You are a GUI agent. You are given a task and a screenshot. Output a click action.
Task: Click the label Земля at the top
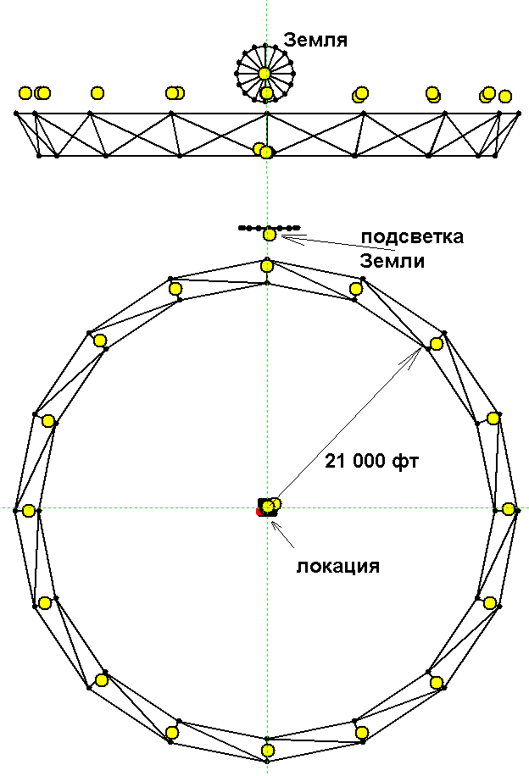(315, 39)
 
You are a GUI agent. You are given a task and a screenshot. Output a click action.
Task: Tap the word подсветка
(412, 236)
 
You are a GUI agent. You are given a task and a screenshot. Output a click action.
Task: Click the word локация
(337, 565)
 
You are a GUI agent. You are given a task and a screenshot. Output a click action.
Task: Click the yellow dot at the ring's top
(267, 266)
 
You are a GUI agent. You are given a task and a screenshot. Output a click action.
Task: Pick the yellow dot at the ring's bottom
(268, 750)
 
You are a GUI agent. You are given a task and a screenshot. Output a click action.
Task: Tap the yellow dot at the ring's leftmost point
(29, 510)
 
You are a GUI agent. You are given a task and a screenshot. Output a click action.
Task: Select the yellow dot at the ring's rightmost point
(508, 508)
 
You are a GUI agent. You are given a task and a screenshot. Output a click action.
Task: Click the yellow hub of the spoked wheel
(264, 74)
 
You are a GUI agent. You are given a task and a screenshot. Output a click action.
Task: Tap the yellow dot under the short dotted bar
(270, 235)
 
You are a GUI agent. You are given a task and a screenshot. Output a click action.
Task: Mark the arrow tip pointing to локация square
(271, 518)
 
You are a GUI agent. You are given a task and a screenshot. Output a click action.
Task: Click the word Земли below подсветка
(392, 261)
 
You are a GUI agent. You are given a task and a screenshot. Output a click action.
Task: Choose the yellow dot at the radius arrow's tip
(437, 344)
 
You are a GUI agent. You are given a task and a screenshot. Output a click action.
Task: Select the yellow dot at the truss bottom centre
(266, 152)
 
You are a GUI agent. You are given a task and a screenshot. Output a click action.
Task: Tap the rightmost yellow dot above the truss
(505, 97)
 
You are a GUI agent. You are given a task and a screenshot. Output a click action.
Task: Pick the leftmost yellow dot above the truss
(25, 92)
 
